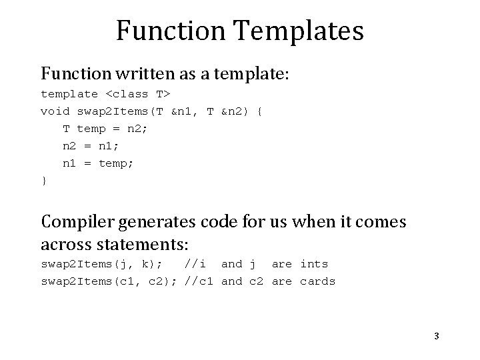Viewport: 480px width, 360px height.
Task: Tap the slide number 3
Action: click(436, 336)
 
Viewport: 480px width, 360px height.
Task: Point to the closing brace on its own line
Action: click(44, 180)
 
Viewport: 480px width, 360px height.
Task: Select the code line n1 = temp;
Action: click(98, 163)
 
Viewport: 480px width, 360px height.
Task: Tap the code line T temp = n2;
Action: click(105, 129)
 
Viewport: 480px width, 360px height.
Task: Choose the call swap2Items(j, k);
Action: click(102, 264)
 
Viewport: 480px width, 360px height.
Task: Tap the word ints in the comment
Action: click(314, 264)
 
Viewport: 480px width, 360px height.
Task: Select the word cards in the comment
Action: click(317, 281)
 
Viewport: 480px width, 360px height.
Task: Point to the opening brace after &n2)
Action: click(259, 111)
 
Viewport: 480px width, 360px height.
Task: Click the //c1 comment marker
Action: click(199, 281)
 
